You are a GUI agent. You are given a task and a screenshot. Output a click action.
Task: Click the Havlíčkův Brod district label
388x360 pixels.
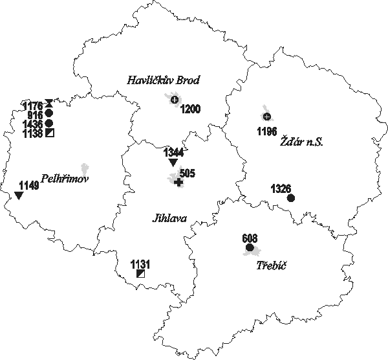pos(163,80)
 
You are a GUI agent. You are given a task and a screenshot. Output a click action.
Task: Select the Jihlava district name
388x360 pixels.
pos(169,218)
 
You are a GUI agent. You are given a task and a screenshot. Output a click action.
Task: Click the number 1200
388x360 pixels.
pos(191,108)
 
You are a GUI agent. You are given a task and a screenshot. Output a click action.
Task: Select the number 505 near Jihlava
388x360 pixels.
pos(187,174)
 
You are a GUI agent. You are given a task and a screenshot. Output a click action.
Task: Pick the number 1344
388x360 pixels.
pos(173,153)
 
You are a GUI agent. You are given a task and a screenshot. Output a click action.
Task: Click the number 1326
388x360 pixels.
pos(281,189)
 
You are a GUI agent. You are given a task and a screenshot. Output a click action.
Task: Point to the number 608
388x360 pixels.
pos(250,238)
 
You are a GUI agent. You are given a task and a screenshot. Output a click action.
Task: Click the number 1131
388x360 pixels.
pos(140,264)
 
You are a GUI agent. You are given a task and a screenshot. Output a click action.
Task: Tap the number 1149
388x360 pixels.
pos(29,186)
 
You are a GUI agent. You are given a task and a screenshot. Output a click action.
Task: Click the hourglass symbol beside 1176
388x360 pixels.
pos(49,104)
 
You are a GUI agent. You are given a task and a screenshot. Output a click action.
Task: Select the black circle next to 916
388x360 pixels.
pos(49,113)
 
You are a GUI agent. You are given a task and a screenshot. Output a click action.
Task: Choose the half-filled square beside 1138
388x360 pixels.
pos(49,133)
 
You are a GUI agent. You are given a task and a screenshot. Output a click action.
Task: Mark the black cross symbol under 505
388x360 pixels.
pos(178,183)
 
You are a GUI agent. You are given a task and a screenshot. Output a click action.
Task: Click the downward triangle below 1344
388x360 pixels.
pos(172,163)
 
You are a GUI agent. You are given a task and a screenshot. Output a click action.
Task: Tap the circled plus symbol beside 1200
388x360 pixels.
pos(174,99)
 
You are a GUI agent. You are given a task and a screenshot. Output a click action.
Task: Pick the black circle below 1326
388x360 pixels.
pos(290,198)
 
